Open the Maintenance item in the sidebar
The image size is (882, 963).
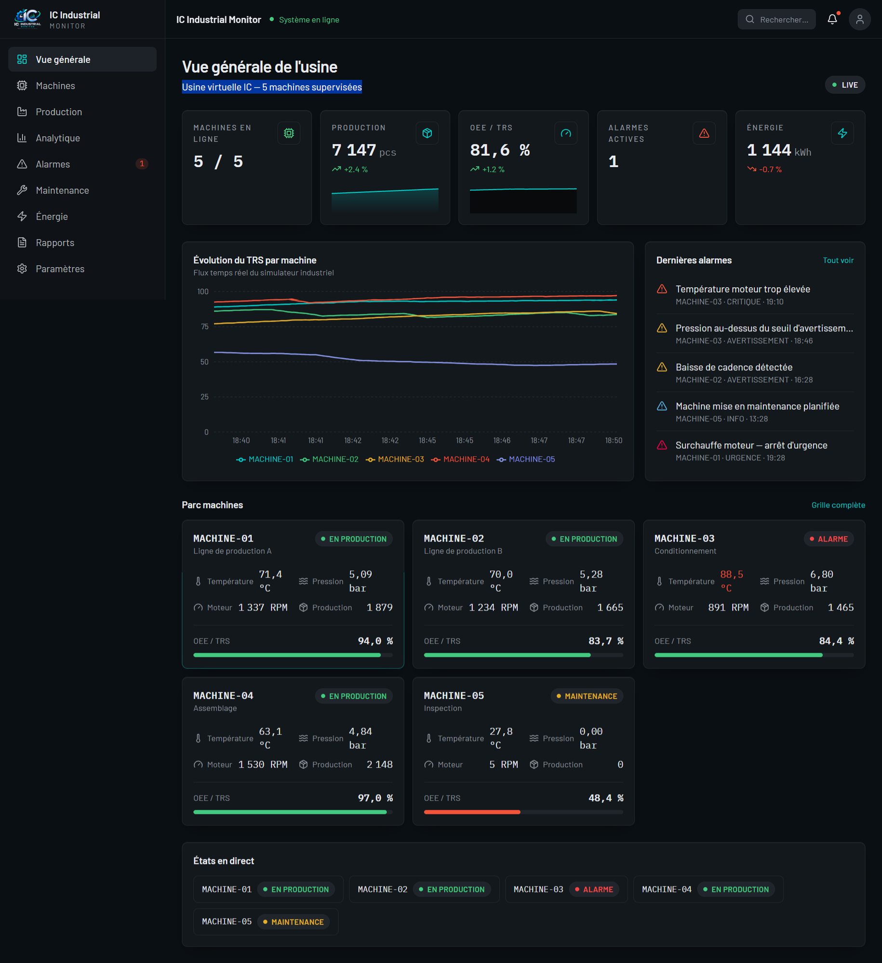[62, 190]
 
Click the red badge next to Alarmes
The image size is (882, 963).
[142, 164]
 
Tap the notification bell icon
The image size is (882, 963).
[832, 19]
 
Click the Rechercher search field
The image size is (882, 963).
[776, 19]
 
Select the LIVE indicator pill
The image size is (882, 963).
[845, 85]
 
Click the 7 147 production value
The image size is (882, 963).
[354, 150]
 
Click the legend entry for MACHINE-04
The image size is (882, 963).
[460, 459]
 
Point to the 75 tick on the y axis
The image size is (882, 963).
[204, 326]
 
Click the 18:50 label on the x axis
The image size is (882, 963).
[614, 441]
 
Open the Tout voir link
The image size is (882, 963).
[838, 260]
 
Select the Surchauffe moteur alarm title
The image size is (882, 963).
[751, 445]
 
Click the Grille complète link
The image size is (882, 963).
[838, 505]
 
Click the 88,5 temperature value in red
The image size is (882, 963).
[732, 574]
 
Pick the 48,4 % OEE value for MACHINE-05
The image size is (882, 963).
[606, 798]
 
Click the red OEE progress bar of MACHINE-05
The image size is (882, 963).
[472, 812]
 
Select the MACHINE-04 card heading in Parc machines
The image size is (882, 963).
[223, 696]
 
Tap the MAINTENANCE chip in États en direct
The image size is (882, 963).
[294, 922]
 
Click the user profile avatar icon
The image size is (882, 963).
[859, 19]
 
